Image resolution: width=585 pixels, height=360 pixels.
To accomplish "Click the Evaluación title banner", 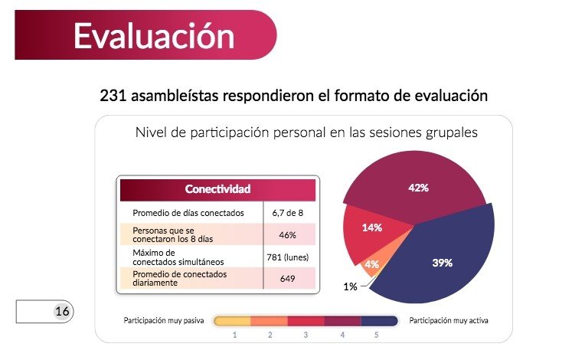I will (153, 35).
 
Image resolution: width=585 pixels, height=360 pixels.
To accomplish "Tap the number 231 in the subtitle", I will (113, 97).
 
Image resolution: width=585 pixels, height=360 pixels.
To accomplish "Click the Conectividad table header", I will (217, 189).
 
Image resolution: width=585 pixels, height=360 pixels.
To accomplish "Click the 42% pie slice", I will (417, 188).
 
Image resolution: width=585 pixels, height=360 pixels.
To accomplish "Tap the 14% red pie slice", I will (373, 228).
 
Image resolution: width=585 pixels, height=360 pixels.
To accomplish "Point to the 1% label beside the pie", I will (350, 286).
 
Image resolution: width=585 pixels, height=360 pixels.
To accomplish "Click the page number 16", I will (61, 312).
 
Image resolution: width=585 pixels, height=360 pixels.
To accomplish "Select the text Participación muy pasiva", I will (164, 320).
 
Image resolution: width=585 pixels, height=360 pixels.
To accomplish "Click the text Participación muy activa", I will (449, 320).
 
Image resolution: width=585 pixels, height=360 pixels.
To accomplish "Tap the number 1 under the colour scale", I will (234, 335).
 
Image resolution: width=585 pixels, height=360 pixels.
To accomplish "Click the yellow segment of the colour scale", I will (231, 321).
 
